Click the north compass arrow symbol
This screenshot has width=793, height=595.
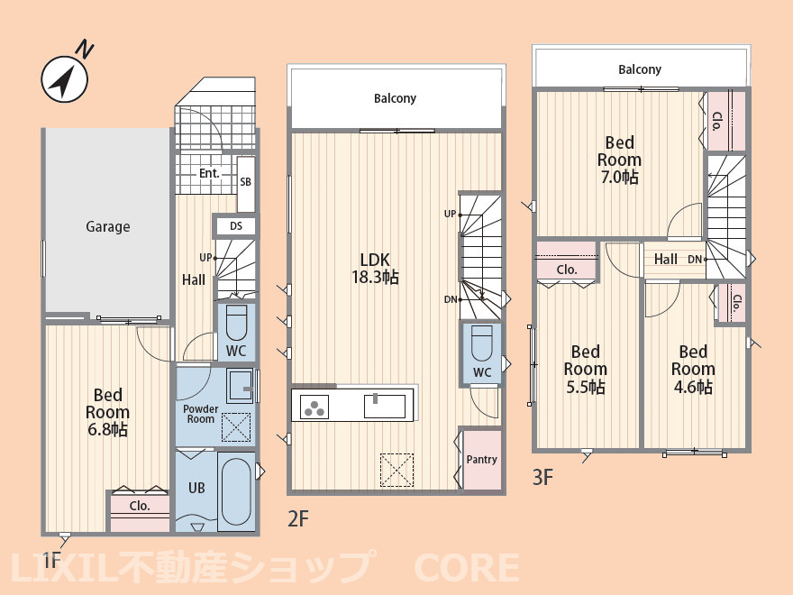coord(65,79)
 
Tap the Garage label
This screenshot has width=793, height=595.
coord(108,226)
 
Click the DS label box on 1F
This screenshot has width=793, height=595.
coord(236,226)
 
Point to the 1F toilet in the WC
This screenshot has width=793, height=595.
coord(236,323)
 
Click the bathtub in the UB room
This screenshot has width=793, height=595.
coord(236,491)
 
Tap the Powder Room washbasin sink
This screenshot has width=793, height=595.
coord(240,387)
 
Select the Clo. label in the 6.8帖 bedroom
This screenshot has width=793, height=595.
coord(140,506)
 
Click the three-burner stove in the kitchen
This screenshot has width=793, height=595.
coord(314,407)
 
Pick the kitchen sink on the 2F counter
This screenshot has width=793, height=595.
coord(385,406)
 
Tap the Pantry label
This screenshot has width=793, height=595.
coord(481,460)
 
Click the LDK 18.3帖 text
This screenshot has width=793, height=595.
coord(375,268)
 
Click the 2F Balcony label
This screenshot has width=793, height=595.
coord(395,98)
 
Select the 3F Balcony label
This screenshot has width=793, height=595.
coord(640,69)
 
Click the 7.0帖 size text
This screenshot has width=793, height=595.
coord(620,177)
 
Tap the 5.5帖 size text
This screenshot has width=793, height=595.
coord(586,387)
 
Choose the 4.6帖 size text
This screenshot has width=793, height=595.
coord(693,387)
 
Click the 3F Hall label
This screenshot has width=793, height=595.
coord(666,259)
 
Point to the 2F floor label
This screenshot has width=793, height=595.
coord(298,518)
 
